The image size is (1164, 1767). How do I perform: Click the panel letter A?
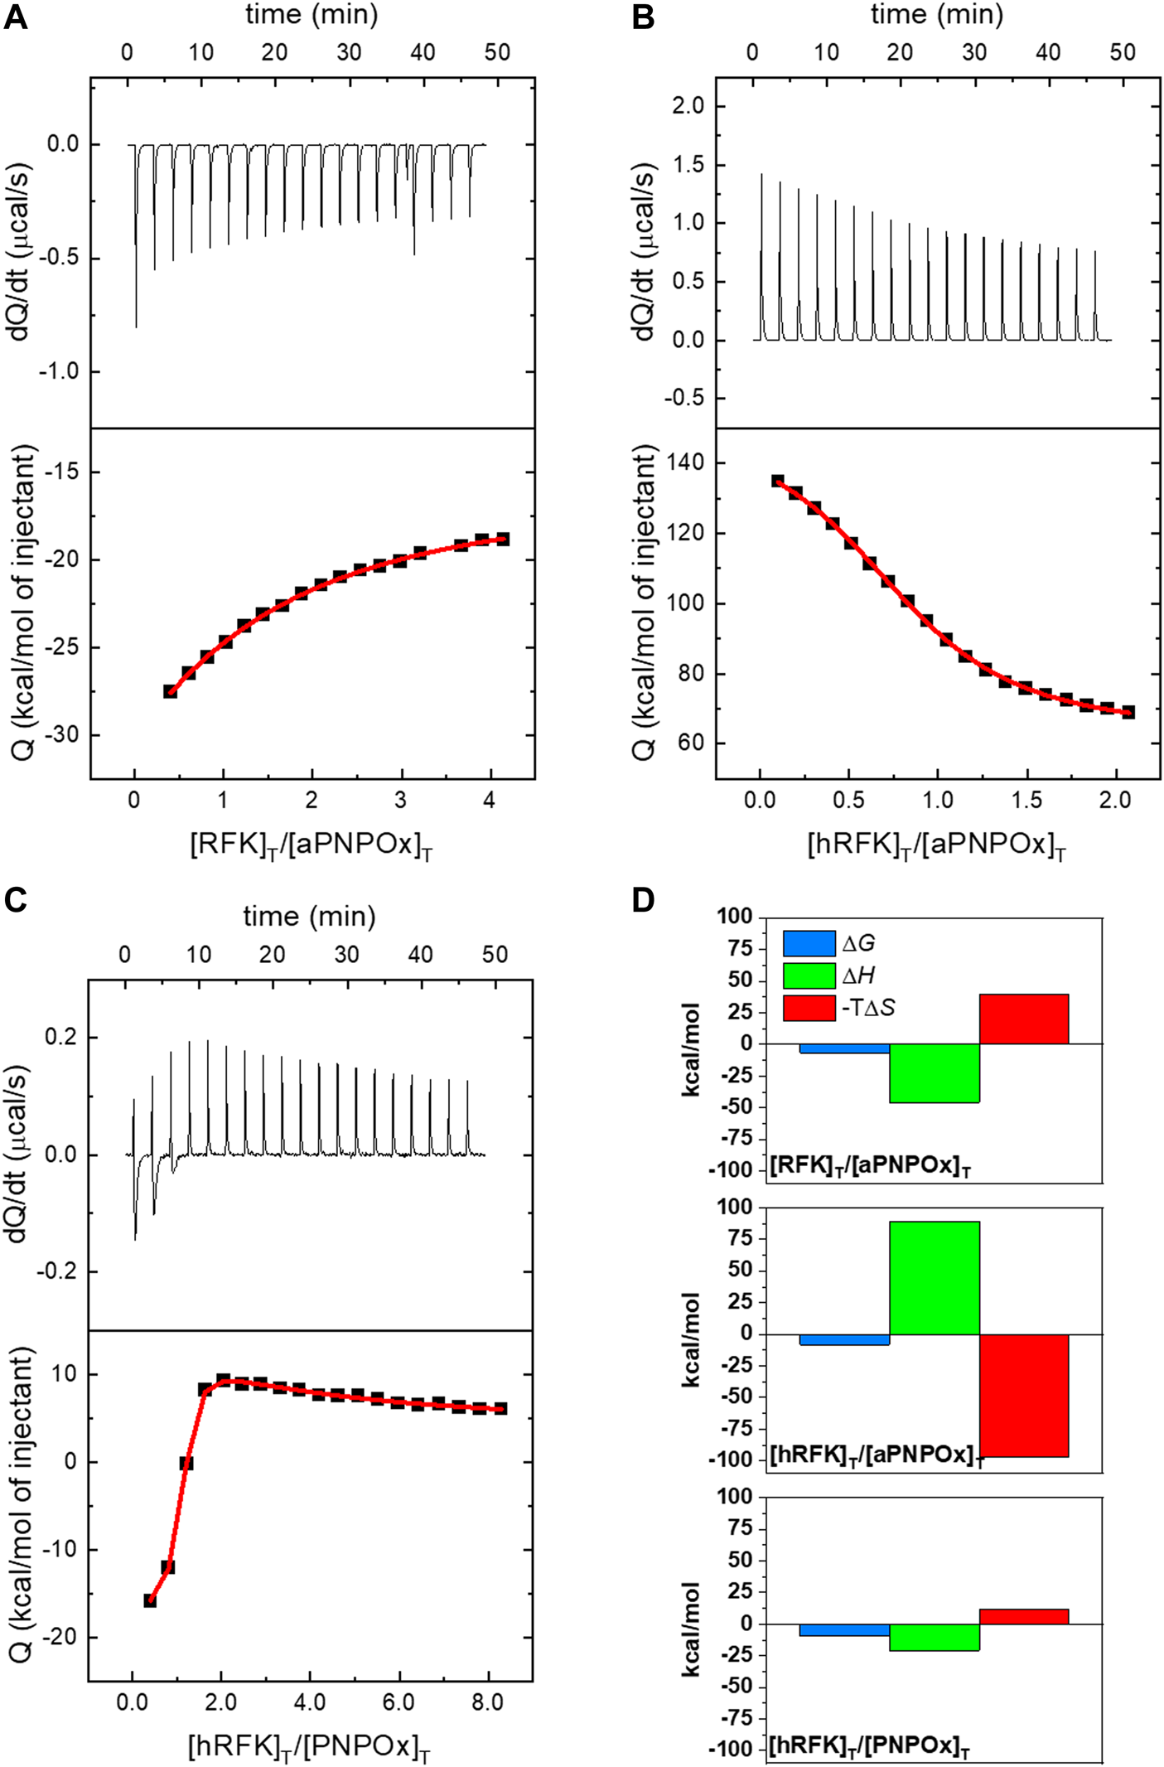[x=15, y=17]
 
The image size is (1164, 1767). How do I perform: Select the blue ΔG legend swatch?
[x=809, y=944]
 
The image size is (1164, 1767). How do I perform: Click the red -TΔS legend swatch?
[x=809, y=1008]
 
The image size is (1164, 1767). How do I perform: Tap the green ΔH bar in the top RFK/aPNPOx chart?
[x=934, y=1072]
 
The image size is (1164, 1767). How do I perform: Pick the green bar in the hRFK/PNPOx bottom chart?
[x=934, y=1637]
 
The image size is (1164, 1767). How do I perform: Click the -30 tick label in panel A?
[x=58, y=735]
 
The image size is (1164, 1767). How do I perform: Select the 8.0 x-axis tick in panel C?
[x=487, y=1703]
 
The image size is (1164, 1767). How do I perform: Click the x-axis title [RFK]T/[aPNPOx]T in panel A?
[x=311, y=846]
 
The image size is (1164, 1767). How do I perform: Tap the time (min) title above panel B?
[x=936, y=15]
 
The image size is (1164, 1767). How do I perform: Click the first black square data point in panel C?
[x=150, y=1600]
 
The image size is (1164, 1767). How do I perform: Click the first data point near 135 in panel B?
[x=777, y=481]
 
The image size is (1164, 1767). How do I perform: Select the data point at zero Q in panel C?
[x=186, y=1463]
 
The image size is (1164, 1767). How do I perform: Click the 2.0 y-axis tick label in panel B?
[x=688, y=106]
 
